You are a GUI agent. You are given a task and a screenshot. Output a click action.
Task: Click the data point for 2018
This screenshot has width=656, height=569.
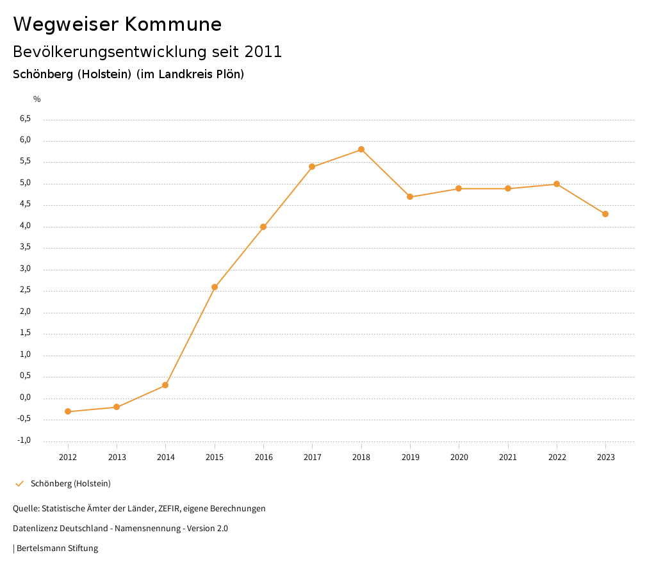(361, 149)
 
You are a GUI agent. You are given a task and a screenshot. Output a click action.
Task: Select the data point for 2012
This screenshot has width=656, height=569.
(68, 411)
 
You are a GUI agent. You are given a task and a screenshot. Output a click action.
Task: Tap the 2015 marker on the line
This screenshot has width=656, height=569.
(215, 287)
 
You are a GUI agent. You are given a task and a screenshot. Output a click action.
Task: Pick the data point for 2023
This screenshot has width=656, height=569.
(605, 214)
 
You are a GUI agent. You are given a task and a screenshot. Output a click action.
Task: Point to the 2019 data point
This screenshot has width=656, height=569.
(410, 197)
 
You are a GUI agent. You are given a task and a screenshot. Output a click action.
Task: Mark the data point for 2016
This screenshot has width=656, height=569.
(263, 227)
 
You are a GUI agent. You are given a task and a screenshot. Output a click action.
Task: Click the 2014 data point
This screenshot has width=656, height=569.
(165, 385)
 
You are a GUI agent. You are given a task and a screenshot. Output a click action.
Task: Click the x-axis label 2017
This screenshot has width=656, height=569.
(312, 458)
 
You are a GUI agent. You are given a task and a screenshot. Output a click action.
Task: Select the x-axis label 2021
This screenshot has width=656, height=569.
(508, 458)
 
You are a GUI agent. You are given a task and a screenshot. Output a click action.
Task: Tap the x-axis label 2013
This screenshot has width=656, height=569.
(117, 458)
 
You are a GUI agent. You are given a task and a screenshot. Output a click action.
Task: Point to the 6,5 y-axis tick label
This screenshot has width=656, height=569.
(26, 119)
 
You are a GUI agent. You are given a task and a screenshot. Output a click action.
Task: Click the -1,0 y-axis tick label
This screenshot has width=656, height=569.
(24, 440)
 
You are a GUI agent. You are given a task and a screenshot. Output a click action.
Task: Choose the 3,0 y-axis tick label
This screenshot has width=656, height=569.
(26, 269)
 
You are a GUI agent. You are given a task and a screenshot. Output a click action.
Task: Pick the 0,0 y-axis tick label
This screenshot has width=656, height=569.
(26, 397)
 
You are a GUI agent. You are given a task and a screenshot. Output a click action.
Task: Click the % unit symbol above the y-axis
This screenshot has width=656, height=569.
(37, 99)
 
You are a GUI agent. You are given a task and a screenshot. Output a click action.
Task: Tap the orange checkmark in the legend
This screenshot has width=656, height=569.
(19, 484)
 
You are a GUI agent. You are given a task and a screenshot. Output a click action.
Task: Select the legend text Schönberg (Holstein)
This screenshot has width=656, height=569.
(70, 484)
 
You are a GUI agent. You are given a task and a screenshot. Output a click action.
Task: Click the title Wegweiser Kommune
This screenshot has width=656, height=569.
(117, 24)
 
